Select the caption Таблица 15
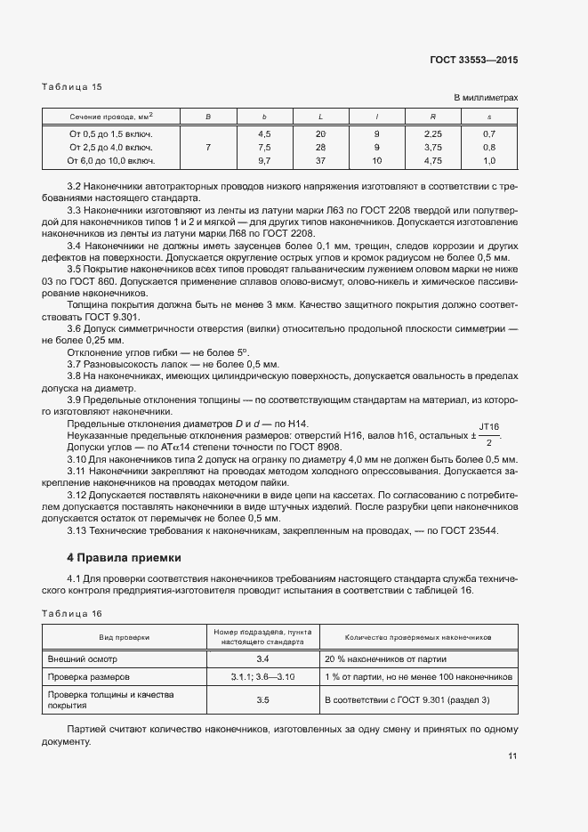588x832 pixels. pyautogui.click(x=72, y=86)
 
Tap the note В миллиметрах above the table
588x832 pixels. pyautogui.click(x=486, y=98)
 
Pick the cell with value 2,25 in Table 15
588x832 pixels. pyautogui.click(x=433, y=133)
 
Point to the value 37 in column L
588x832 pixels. pyautogui.click(x=321, y=161)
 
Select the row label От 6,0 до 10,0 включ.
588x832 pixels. pyautogui.click(x=111, y=161)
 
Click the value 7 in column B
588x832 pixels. pyautogui.click(x=207, y=147)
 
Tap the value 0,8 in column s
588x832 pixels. pyautogui.click(x=488, y=147)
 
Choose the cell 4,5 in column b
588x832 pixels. pyautogui.click(x=264, y=133)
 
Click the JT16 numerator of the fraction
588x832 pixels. pyautogui.click(x=489, y=427)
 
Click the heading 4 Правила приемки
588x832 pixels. pyautogui.click(x=124, y=558)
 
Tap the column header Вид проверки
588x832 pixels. pyautogui.click(x=125, y=637)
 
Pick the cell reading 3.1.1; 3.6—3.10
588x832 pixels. pyautogui.click(x=262, y=678)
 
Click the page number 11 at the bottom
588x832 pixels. pyautogui.click(x=512, y=756)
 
